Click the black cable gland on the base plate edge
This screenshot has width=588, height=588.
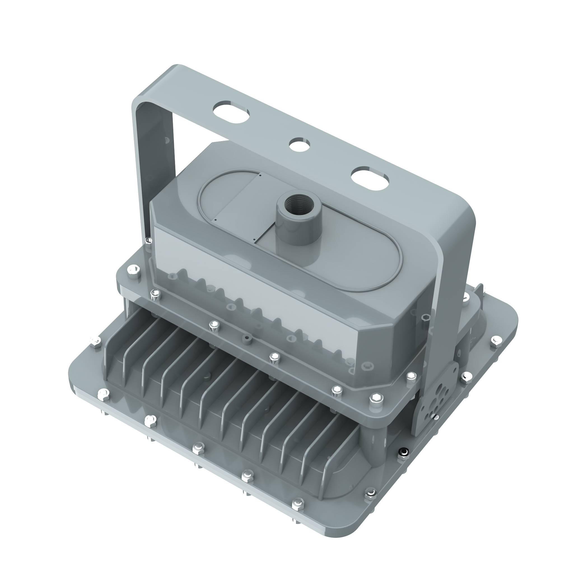[404, 451]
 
